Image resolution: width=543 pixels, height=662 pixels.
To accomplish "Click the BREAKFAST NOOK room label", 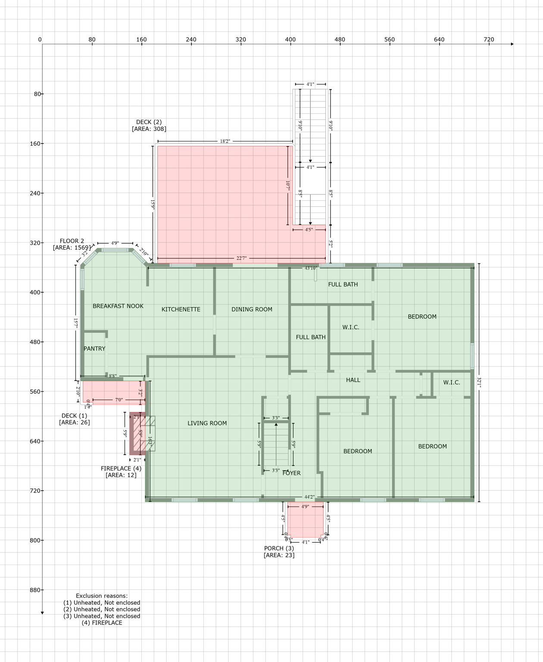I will [x=118, y=306].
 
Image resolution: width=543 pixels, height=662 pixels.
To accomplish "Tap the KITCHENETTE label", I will [x=181, y=309].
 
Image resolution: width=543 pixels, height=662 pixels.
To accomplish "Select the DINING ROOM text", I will [x=252, y=309].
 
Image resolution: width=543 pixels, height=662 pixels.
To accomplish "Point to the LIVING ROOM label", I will [x=207, y=423].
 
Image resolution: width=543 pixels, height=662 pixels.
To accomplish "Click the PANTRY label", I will [x=94, y=349].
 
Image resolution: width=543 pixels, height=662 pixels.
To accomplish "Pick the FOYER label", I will [x=291, y=473].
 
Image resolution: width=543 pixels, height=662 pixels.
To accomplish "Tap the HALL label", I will [x=353, y=380].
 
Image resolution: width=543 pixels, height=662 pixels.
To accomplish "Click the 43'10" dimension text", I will [x=311, y=268].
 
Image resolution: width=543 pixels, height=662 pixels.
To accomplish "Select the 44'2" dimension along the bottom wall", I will [x=309, y=497].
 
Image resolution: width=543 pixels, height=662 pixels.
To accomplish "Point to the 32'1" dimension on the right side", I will [x=479, y=382].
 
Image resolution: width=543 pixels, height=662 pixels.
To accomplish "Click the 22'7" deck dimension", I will [x=241, y=259].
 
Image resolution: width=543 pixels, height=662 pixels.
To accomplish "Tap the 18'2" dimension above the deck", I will [x=225, y=141].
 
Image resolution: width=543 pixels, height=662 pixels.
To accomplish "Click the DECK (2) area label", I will [x=149, y=125].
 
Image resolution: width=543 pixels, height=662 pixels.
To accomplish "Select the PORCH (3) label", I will [x=279, y=552].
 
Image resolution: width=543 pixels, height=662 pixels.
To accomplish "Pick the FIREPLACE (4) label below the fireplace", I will [x=121, y=472].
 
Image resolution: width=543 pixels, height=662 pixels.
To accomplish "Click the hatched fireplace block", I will [x=137, y=434].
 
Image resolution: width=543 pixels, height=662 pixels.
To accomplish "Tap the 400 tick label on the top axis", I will [x=290, y=40].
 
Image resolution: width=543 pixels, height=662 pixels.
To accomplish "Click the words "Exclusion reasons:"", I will [x=102, y=596].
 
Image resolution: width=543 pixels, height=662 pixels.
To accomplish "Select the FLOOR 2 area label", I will [x=72, y=244].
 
